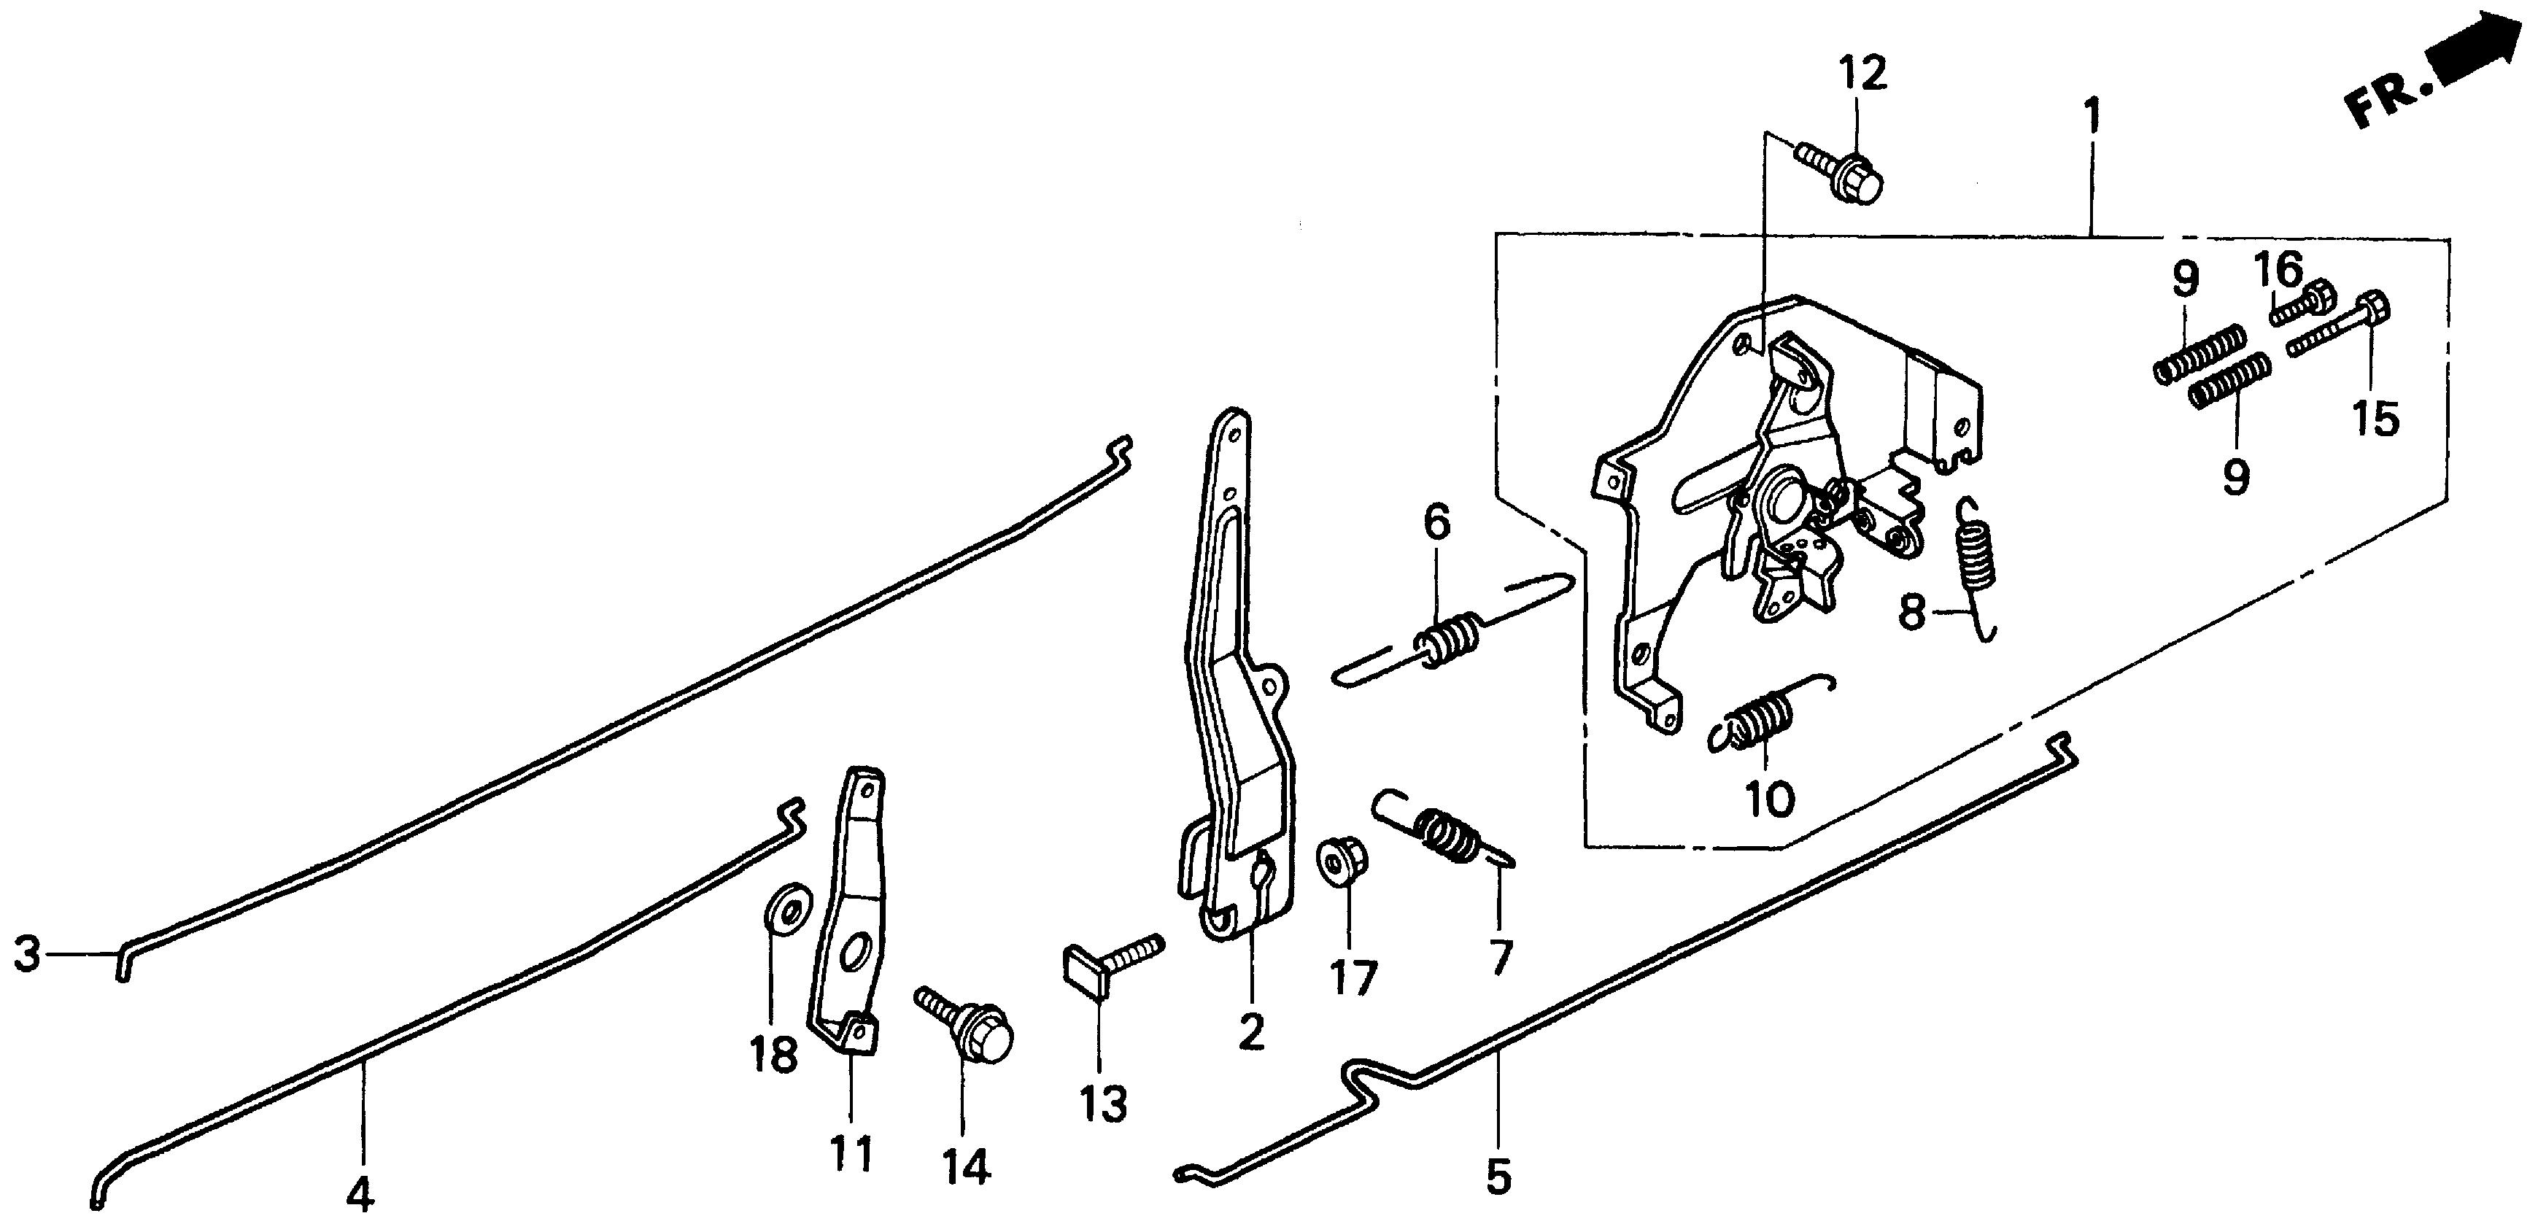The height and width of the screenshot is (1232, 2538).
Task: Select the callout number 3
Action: [28, 953]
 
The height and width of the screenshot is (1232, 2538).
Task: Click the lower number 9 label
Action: [2235, 478]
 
